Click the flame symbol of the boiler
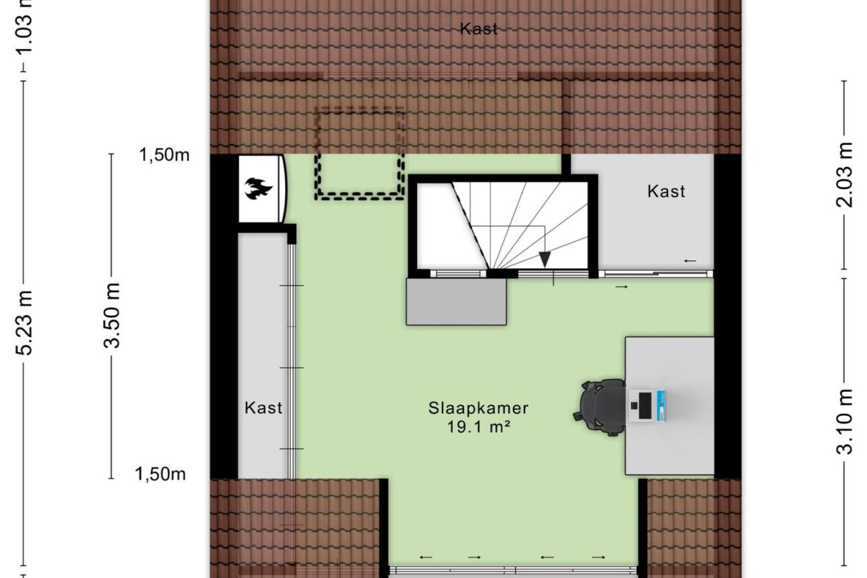[x=258, y=188]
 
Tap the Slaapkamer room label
[x=478, y=408]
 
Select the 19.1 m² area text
[x=478, y=427]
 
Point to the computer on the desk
[x=647, y=405]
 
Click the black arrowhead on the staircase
[x=545, y=259]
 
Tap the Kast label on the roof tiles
[x=478, y=29]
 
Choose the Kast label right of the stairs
[x=666, y=191]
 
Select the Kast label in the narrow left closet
[x=263, y=407]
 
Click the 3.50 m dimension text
[x=112, y=316]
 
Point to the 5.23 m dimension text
[x=24, y=322]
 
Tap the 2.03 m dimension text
[x=844, y=175]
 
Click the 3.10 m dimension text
[x=844, y=421]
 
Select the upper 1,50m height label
[x=164, y=155]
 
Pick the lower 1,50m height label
[x=160, y=474]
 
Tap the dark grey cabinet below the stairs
[x=456, y=301]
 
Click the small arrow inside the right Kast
[x=690, y=261]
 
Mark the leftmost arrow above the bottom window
[x=426, y=557]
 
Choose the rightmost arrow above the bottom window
[x=598, y=557]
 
